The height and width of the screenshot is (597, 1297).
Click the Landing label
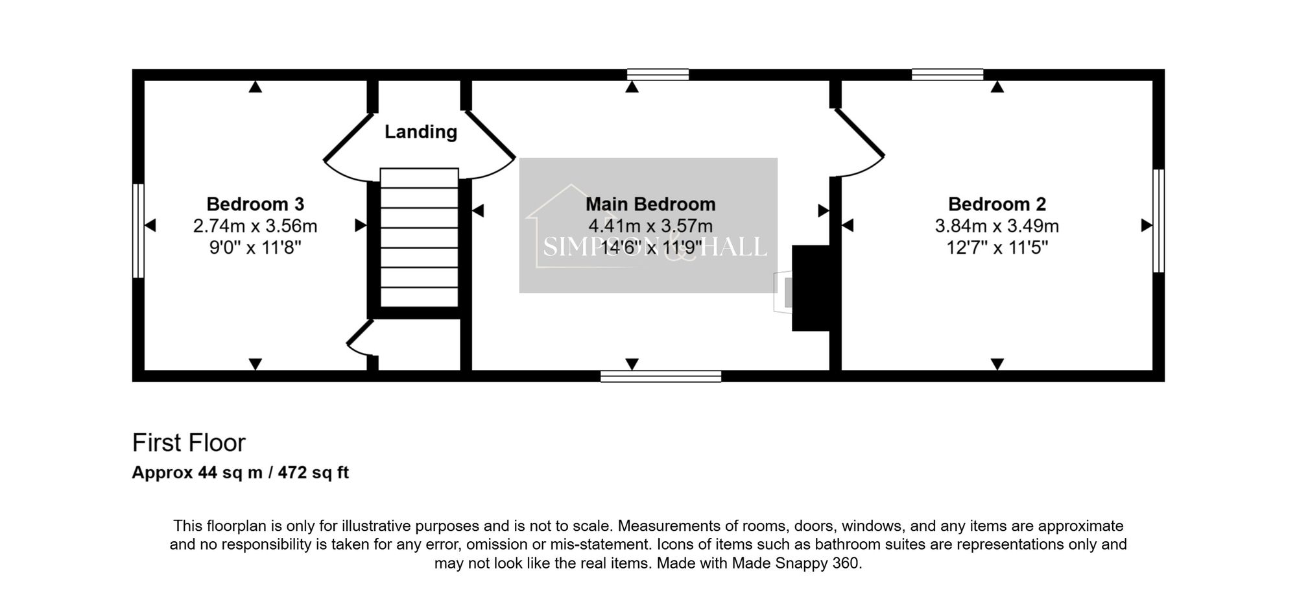(421, 132)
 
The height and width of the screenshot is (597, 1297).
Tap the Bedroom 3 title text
(255, 204)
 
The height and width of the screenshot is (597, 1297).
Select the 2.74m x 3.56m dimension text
(255, 226)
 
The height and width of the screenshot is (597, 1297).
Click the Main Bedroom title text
(650, 204)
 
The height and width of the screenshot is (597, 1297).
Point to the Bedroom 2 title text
(997, 204)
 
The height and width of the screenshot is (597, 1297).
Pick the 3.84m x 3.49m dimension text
(997, 226)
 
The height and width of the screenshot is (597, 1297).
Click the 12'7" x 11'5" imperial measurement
(997, 247)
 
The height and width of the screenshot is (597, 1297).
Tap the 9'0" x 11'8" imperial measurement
(255, 247)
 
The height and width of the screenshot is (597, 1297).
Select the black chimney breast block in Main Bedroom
(811, 288)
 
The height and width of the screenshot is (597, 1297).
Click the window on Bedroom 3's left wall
(137, 231)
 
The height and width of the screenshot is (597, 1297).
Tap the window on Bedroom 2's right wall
(1158, 221)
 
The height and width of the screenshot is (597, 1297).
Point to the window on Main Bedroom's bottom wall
(661, 376)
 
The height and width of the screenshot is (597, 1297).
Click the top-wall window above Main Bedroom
(658, 74)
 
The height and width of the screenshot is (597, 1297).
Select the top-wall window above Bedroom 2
(947, 74)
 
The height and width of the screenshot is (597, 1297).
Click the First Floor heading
(189, 443)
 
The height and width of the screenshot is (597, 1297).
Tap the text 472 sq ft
(313, 472)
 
